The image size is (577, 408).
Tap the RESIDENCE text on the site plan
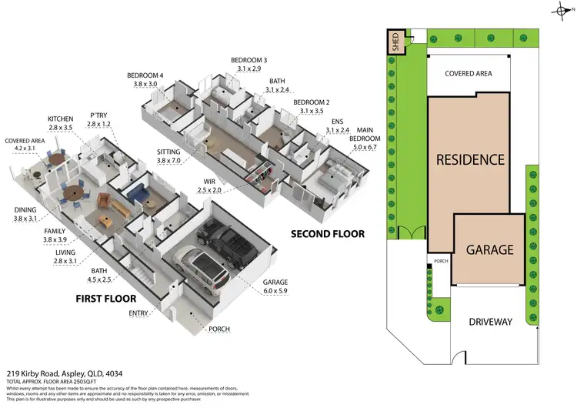(470, 160)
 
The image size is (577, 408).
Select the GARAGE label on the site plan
(489, 249)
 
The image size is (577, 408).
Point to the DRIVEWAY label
(489, 321)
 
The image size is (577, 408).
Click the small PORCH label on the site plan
(441, 261)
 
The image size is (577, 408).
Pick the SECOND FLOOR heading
(328, 233)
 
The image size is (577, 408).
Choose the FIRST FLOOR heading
(106, 298)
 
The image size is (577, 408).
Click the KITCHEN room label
(60, 119)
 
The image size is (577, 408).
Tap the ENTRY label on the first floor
(139, 313)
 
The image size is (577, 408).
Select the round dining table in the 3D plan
(73, 192)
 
